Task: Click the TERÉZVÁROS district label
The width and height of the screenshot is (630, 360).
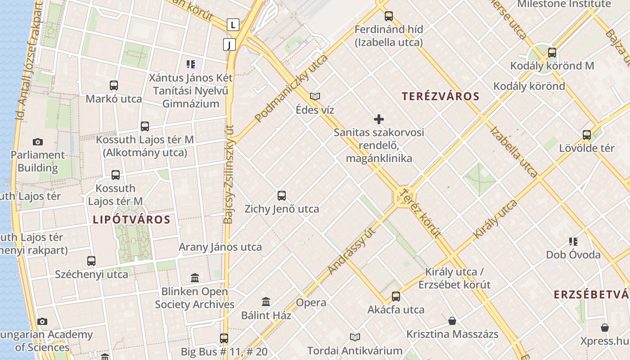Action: [441, 96]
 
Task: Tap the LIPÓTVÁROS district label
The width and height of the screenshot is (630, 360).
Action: [131, 220]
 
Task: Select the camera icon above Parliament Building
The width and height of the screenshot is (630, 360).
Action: [38, 142]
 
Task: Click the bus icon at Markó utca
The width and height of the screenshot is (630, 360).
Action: [114, 85]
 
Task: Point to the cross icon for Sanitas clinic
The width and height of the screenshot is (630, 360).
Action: [379, 119]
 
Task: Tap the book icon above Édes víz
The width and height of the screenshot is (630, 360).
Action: [315, 96]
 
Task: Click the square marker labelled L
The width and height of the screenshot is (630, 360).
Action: [233, 24]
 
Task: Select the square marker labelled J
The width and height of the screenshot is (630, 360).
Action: [229, 45]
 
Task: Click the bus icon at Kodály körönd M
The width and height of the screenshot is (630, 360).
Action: [552, 53]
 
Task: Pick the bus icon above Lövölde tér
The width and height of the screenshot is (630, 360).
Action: [587, 135]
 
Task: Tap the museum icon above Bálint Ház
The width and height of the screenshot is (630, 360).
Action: [266, 301]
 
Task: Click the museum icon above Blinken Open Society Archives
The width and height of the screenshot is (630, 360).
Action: [195, 278]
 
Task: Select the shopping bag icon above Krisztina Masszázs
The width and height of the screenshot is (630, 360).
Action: [452, 321]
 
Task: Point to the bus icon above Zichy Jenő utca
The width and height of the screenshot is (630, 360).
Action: [282, 196]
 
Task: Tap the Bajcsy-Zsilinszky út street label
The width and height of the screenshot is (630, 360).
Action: [229, 174]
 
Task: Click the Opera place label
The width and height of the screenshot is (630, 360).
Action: [311, 302]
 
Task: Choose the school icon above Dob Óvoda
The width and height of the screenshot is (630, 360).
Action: [573, 242]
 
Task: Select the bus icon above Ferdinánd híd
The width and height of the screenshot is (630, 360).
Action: [389, 16]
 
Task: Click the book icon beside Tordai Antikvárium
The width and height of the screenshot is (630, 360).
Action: [355, 337]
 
